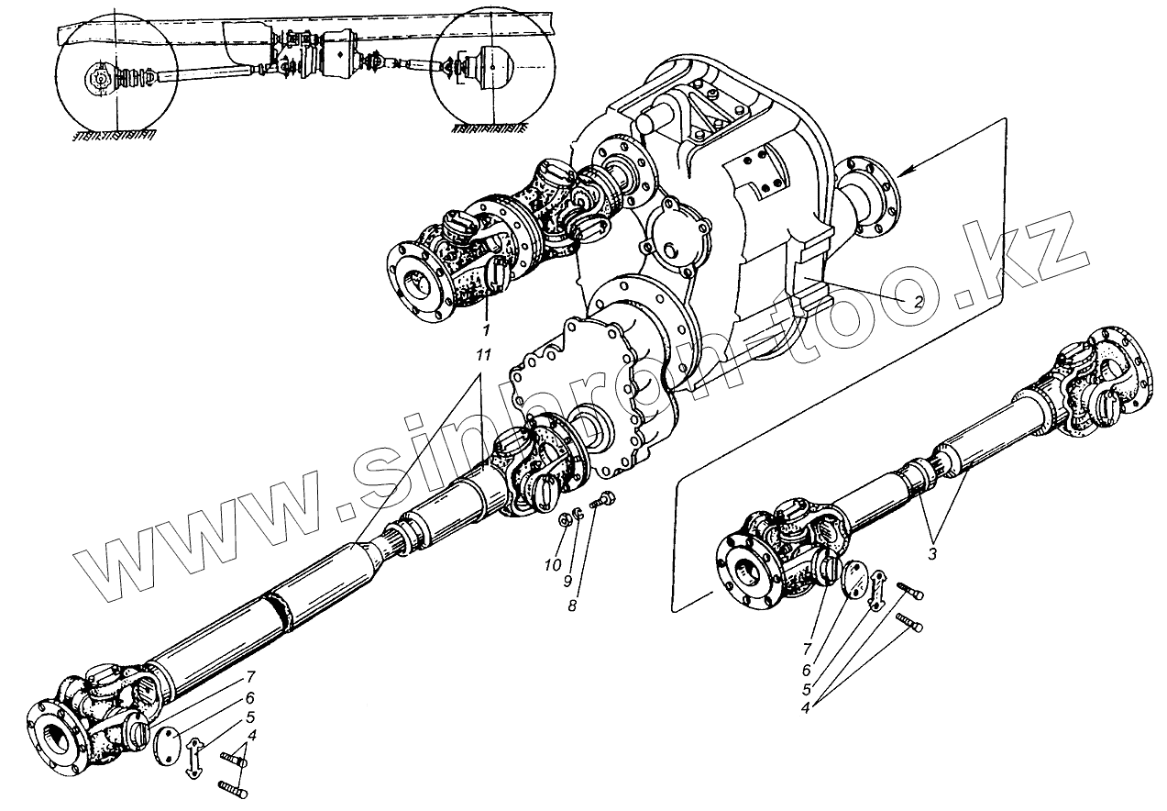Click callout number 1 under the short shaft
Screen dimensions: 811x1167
point(487,328)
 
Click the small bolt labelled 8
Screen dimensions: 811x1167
point(603,502)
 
